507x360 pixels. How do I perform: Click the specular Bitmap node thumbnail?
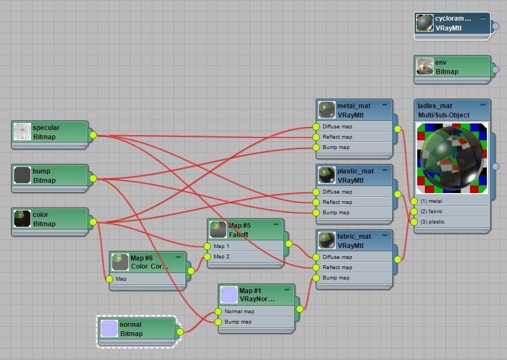22,132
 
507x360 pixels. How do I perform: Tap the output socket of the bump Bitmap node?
93,178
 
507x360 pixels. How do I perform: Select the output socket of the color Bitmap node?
93,222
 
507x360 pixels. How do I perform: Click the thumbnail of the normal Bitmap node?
109,328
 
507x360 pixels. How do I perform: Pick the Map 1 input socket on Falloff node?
207,246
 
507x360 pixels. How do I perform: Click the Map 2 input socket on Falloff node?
207,257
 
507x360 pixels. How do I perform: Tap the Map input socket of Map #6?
109,279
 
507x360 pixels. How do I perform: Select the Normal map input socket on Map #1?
218,312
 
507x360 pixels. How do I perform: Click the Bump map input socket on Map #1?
218,322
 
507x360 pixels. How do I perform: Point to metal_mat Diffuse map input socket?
316,127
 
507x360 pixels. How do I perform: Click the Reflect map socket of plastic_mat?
316,202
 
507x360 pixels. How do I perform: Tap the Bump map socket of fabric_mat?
316,278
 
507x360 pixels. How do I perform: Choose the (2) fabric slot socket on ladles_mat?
414,212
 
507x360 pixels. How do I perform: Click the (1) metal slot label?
431,201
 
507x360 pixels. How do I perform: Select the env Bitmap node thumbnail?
425,67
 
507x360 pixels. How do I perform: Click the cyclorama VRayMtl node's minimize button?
483,18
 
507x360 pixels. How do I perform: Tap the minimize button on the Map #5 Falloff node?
276,224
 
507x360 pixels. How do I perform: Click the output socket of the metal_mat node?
398,129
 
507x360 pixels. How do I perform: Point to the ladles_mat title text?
435,106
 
